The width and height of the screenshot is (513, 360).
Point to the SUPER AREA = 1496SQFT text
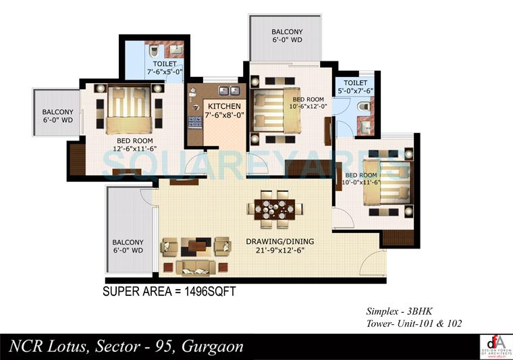point(168,292)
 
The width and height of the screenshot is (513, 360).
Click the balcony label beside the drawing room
point(128,246)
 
